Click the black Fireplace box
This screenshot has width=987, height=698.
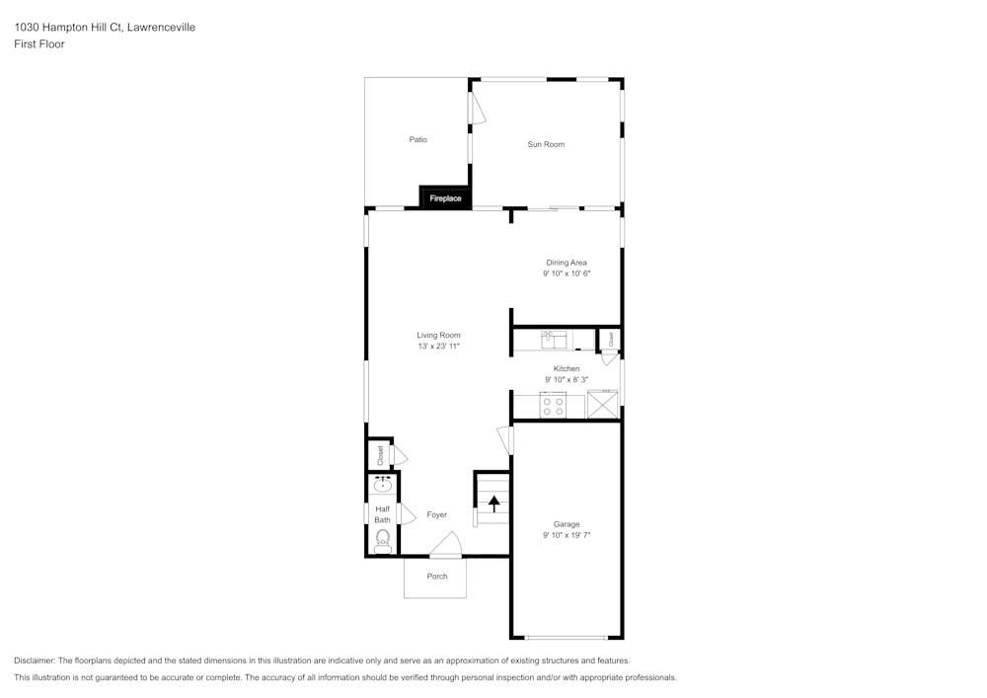point(445,198)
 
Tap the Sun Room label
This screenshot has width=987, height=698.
point(546,144)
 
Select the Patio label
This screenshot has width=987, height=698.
point(418,139)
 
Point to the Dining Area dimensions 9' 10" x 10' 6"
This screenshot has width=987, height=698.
point(567,273)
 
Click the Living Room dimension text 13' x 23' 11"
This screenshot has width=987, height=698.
point(438,347)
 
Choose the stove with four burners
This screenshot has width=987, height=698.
point(553,406)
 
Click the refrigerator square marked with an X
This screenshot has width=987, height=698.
point(602,406)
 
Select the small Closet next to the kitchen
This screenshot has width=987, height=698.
point(610,339)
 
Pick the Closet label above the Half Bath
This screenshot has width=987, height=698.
point(380,455)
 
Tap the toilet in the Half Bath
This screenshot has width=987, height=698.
point(383,541)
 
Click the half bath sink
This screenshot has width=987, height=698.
point(383,485)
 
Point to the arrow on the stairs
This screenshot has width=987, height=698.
point(493,504)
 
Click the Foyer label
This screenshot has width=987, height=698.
point(436,514)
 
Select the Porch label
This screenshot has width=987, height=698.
point(436,577)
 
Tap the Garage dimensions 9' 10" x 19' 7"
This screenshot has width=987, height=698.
point(567,536)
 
